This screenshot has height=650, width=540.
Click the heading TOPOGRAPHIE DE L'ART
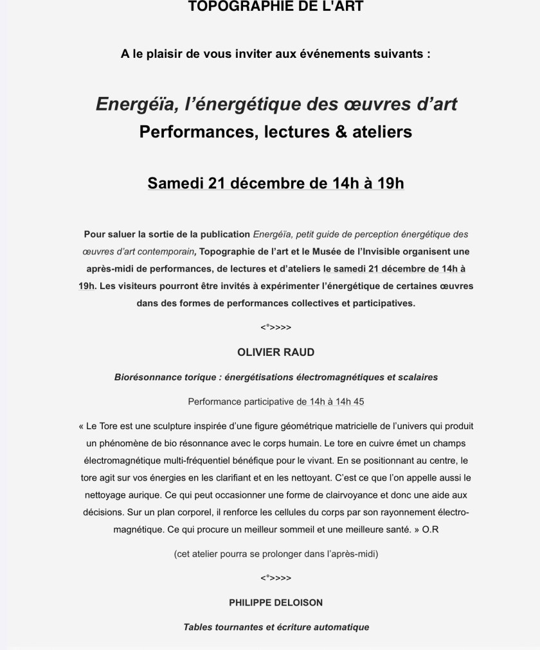click(276, 7)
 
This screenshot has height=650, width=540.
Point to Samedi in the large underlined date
click(175, 183)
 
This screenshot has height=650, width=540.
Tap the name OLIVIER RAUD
click(276, 353)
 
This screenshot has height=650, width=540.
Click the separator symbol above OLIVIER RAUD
click(276, 328)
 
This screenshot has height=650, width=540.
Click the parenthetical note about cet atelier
click(276, 554)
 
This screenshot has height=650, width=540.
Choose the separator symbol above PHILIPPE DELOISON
click(276, 578)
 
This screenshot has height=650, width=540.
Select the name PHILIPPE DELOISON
click(276, 603)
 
